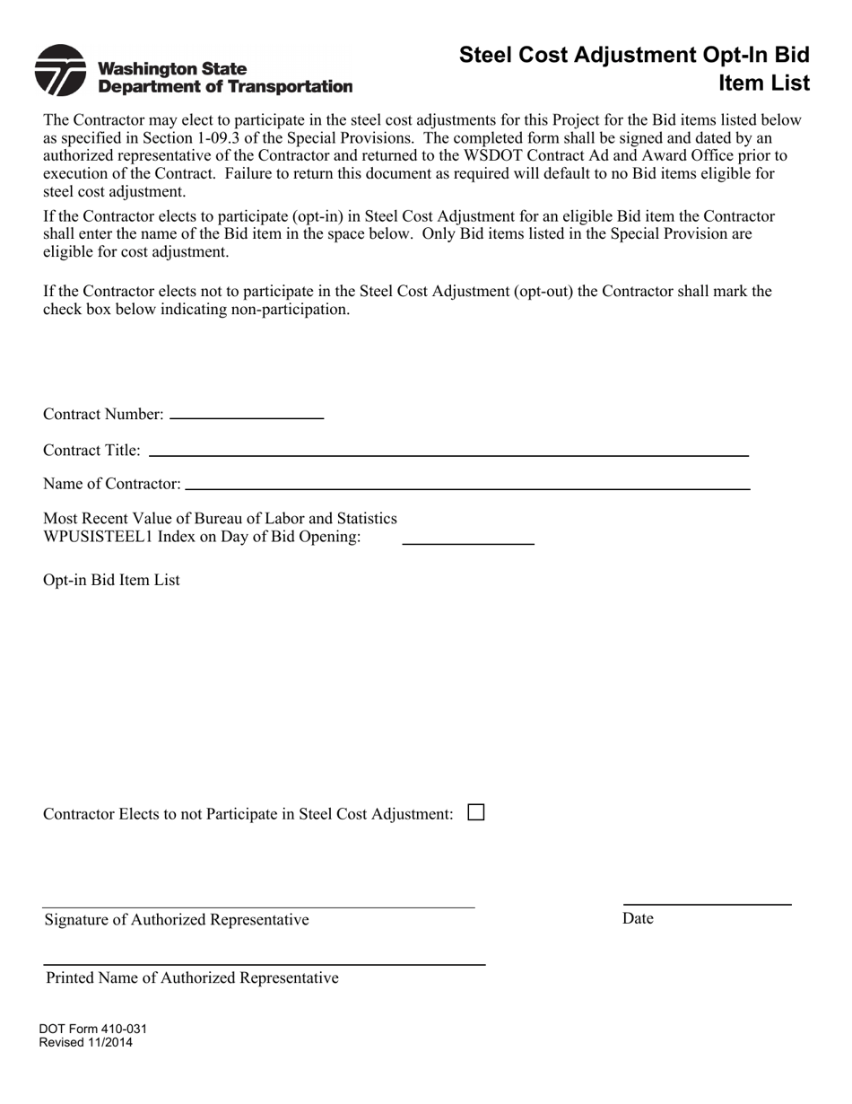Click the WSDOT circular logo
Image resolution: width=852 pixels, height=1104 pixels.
[x=60, y=70]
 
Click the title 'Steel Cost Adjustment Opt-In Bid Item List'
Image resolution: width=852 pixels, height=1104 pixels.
[x=634, y=69]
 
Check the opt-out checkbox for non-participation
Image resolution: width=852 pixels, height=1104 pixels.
[x=476, y=812]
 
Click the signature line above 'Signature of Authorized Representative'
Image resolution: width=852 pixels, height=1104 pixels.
[x=258, y=907]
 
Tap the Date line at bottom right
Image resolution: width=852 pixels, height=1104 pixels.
[x=707, y=903]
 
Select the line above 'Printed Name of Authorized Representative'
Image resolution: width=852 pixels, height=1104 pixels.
[x=265, y=963]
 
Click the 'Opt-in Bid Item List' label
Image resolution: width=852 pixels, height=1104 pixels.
[x=111, y=580]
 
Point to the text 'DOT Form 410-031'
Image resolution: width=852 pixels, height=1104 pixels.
[x=92, y=1030]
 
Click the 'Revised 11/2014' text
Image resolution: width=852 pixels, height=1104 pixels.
[x=85, y=1043]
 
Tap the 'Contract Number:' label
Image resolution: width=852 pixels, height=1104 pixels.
[x=103, y=415]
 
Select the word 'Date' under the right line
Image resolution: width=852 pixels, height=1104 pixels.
[x=638, y=918]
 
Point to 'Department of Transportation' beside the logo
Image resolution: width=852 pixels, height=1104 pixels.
[x=224, y=86]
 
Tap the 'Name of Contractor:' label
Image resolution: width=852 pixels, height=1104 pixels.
[x=111, y=484]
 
